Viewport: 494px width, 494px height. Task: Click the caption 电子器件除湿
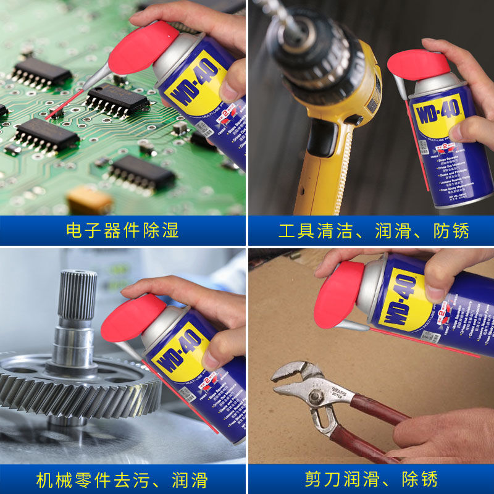pos(122,231)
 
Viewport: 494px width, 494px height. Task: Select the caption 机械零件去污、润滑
pos(122,479)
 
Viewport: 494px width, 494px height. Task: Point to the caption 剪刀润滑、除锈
pos(371,479)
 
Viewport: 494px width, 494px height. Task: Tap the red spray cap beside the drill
pos(417,64)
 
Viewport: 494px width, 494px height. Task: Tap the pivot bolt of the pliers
pos(317,396)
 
